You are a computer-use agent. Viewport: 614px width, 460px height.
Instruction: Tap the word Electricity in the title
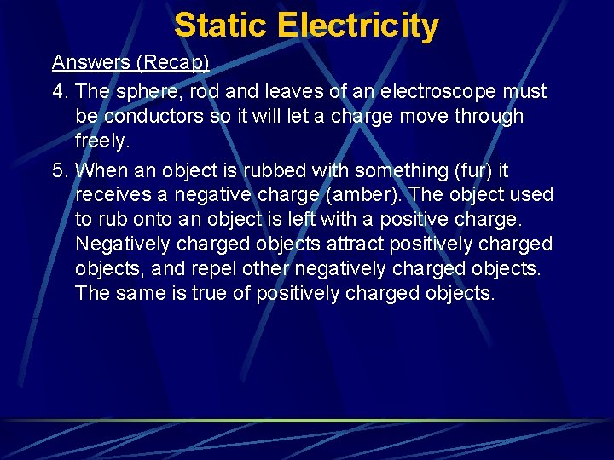(357, 26)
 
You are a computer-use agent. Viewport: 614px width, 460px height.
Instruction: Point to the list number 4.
(59, 91)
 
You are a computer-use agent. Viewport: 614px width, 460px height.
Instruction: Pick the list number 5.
(59, 170)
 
